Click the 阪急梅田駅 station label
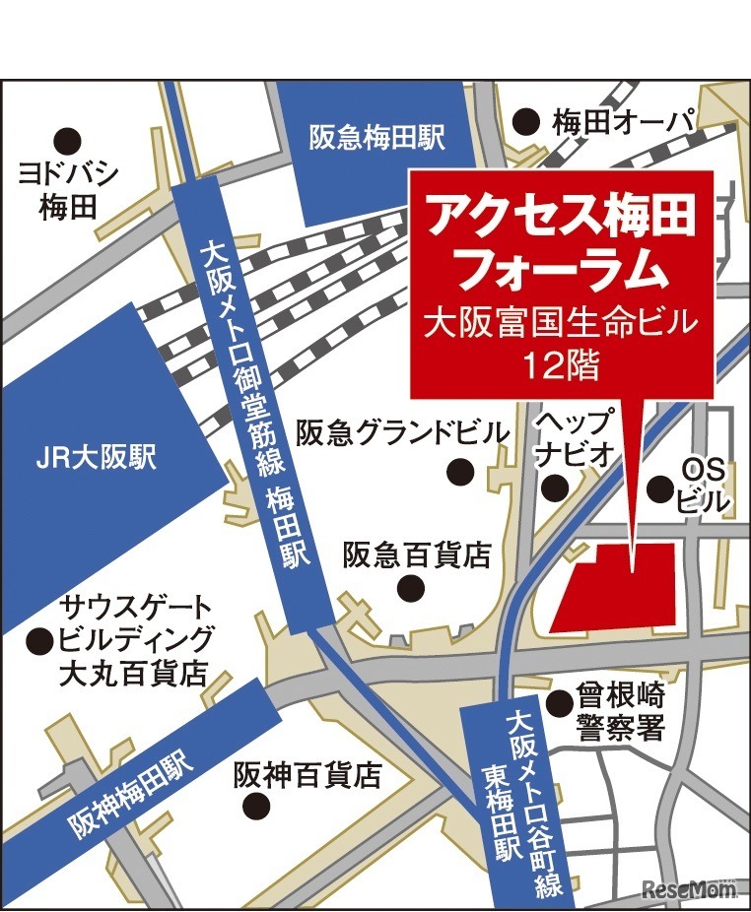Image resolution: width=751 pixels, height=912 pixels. (377, 137)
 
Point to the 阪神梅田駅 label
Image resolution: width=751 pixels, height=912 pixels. (127, 787)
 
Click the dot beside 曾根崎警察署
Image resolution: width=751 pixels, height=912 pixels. (560, 702)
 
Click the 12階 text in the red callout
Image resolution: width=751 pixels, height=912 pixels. (561, 365)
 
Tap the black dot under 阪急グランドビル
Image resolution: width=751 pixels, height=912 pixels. (460, 472)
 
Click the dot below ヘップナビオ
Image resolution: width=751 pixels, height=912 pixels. (556, 486)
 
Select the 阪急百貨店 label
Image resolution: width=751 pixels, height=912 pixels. (417, 555)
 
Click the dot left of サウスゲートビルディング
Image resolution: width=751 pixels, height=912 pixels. (39, 641)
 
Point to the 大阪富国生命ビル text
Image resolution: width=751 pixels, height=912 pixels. (560, 322)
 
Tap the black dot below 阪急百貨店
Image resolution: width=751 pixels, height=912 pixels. (408, 588)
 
